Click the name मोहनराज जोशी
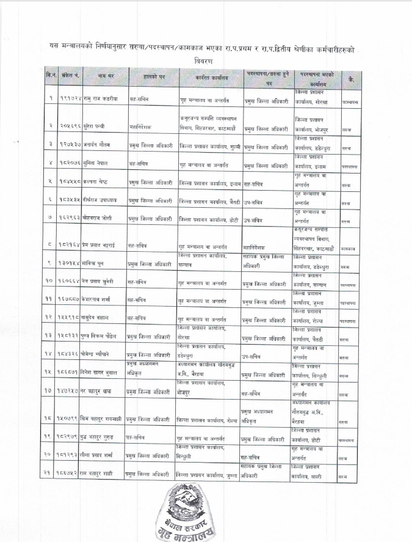tap(95, 218)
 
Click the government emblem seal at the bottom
tap(206, 513)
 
